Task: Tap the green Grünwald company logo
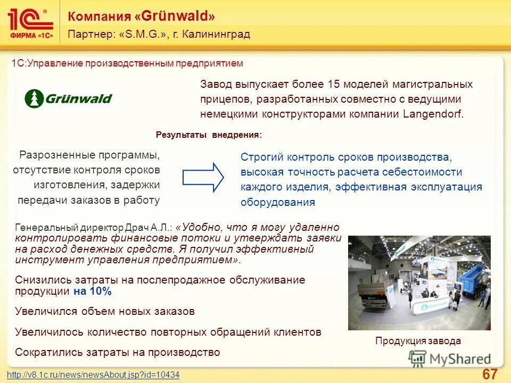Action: (68, 98)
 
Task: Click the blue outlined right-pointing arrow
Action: (204, 177)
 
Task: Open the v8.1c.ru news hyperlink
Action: (93, 375)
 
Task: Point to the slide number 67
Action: (489, 373)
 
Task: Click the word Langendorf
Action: (433, 114)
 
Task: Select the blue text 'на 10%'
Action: (92, 291)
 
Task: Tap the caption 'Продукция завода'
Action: (418, 341)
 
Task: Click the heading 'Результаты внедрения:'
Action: (209, 135)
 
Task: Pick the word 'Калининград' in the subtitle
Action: (216, 35)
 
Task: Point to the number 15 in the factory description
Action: (334, 84)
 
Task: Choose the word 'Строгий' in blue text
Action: (261, 157)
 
